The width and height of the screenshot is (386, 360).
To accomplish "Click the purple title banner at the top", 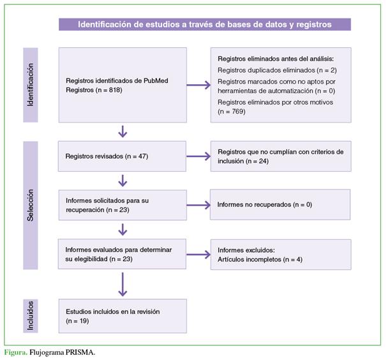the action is tap(205, 24).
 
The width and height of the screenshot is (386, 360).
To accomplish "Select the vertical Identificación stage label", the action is tap(30, 85).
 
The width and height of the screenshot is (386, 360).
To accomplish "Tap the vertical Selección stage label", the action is tap(30, 205).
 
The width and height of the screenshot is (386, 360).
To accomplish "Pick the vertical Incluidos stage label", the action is tap(30, 316).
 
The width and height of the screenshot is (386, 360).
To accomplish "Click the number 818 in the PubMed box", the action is tap(114, 90).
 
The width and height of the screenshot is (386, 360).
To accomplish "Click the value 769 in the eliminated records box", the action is tap(237, 111).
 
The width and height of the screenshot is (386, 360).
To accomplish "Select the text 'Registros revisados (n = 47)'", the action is tap(107, 156).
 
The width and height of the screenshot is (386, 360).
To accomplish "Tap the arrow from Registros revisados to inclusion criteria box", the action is tap(198, 156).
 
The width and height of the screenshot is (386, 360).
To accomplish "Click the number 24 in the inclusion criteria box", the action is tap(262, 161).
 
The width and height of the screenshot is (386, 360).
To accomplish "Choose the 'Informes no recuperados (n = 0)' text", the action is tap(265, 204).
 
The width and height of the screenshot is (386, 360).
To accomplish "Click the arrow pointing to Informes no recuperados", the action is tap(198, 205).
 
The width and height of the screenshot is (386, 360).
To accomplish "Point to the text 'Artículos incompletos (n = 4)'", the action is tap(260, 259).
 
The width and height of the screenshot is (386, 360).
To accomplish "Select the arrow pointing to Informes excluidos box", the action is tap(198, 255).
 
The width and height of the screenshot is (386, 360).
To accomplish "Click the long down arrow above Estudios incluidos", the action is tap(122, 284).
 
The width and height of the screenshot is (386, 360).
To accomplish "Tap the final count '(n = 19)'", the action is tap(77, 321).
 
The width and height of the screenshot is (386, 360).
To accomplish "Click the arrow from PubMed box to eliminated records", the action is tap(198, 85).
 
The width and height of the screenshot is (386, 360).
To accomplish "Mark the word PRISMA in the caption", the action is tap(80, 352).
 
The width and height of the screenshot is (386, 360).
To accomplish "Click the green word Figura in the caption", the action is tap(16, 352).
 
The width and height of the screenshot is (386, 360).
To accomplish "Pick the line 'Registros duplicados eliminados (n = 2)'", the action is tap(277, 70).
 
